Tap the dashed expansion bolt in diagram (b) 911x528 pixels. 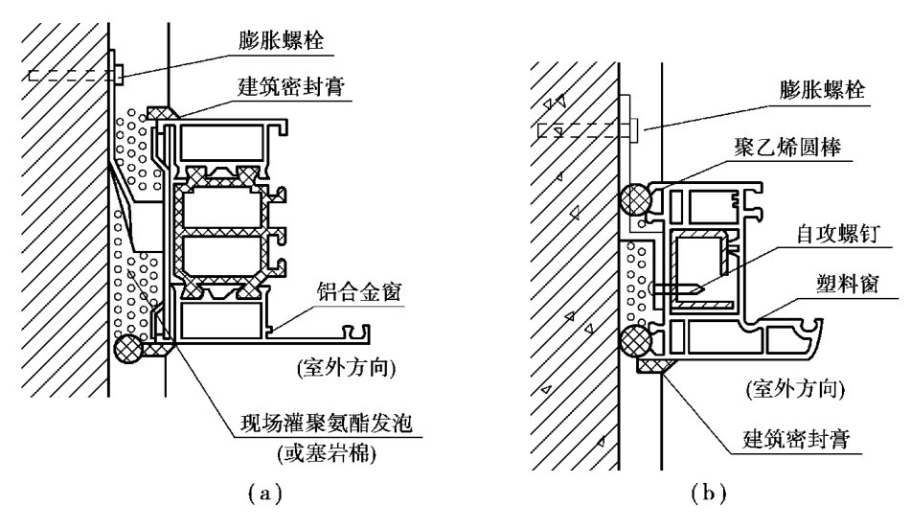(586, 130)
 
